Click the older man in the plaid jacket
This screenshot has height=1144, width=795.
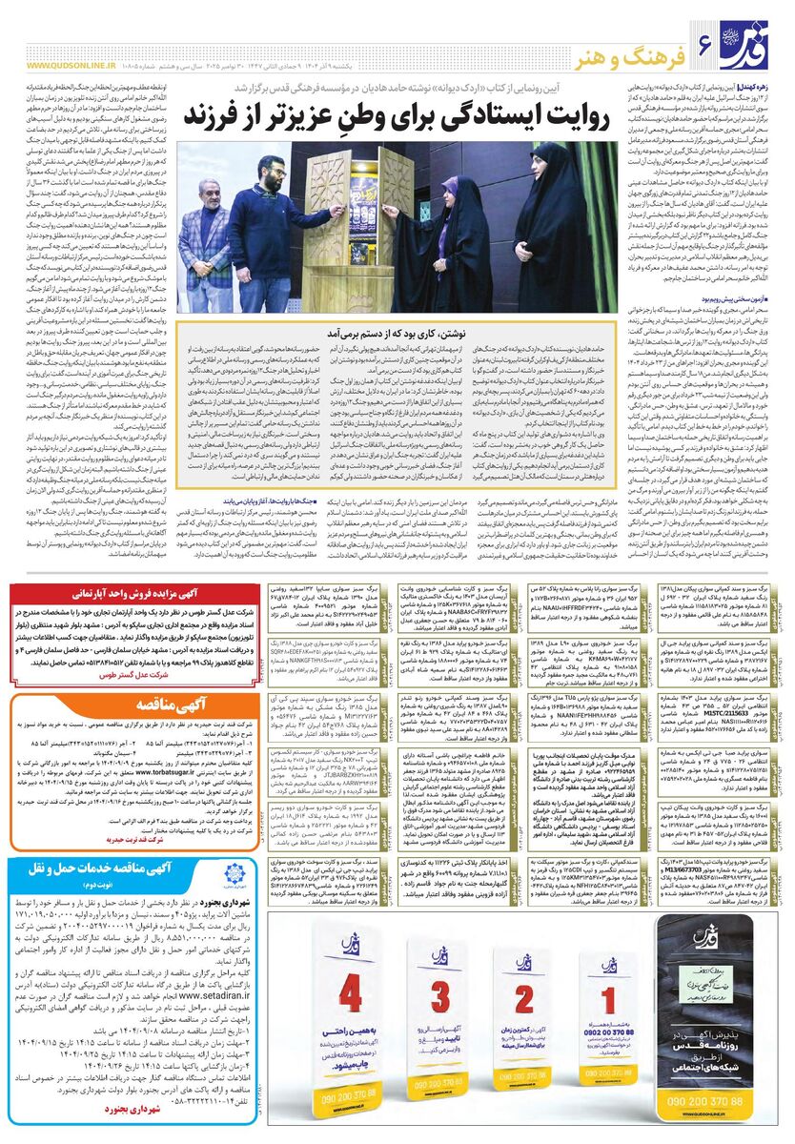tap(204, 238)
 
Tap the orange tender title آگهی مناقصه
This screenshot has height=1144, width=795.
tap(131, 706)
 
